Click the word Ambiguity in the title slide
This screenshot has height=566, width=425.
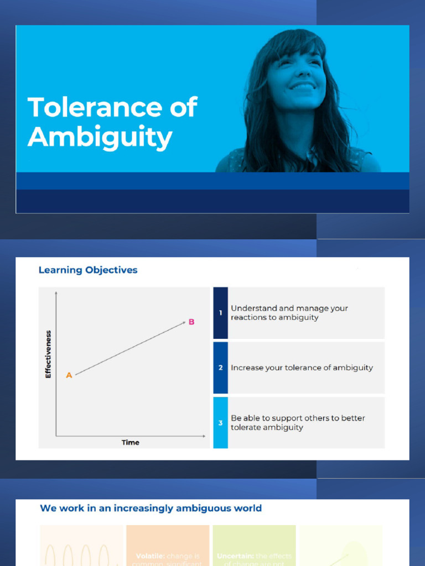click(x=100, y=137)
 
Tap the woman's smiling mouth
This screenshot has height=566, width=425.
click(x=303, y=87)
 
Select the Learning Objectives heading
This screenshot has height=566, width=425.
click(x=87, y=270)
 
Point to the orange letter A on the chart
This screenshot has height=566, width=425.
click(x=69, y=375)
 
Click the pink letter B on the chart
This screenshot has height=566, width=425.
click(x=191, y=322)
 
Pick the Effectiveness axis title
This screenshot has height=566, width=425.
click(x=48, y=354)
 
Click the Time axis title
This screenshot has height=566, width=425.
click(x=131, y=442)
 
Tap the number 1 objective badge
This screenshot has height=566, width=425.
click(x=220, y=313)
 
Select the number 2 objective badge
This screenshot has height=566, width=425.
click(x=220, y=368)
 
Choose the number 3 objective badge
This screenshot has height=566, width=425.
click(x=220, y=423)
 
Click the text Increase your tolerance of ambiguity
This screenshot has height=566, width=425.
click(x=302, y=368)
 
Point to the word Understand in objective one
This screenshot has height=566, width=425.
click(x=254, y=308)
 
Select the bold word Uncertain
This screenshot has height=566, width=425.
click(x=235, y=556)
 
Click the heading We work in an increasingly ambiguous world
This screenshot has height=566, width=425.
click(x=151, y=508)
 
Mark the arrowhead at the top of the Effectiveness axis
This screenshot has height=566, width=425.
click(x=56, y=292)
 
